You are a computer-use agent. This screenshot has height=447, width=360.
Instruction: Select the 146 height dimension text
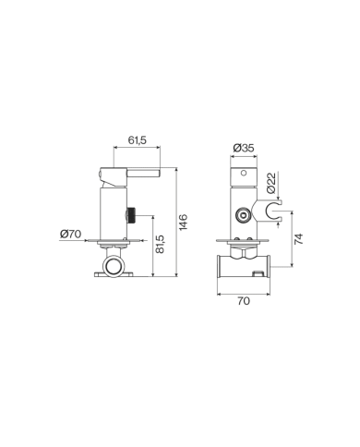coord(183,223)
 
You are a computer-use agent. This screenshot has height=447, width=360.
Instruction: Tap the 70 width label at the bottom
coord(244,301)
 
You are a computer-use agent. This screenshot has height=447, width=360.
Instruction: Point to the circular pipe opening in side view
coord(116,268)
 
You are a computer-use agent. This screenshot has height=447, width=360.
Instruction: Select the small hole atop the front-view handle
coord(244,173)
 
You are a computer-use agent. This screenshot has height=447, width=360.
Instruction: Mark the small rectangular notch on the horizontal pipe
coord(258,274)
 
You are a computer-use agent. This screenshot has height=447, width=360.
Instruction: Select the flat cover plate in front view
coord(244,243)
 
